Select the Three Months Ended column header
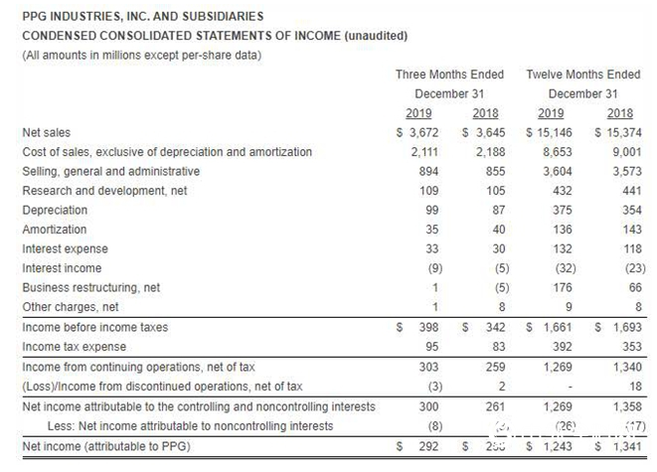(x=449, y=75)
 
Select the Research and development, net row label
(x=104, y=191)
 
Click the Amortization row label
(x=54, y=230)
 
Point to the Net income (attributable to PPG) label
(x=105, y=446)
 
